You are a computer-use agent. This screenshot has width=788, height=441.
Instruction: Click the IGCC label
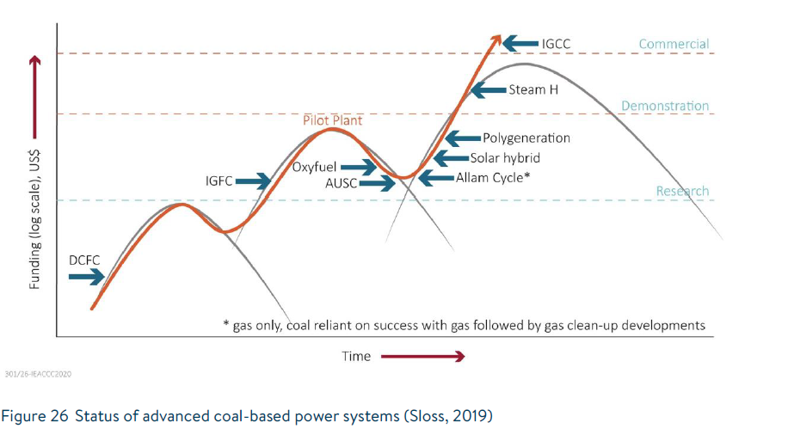coord(556,42)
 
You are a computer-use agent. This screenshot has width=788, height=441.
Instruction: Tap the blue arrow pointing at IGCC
coord(521,42)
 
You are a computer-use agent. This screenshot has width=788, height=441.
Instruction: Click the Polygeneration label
coord(526,138)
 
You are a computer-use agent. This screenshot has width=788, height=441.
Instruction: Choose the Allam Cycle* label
coord(492,177)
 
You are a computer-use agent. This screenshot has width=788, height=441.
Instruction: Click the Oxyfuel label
coord(315,167)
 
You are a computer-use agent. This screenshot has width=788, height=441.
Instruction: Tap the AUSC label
coord(342,183)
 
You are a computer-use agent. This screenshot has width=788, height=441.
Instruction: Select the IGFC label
coord(219,181)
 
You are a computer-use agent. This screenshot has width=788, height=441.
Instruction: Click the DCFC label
coord(83,260)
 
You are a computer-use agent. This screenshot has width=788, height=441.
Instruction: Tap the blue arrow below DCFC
coord(85,277)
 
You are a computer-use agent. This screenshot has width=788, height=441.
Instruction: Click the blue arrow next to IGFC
coord(253,181)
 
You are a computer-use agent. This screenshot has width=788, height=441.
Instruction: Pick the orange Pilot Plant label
coord(332,120)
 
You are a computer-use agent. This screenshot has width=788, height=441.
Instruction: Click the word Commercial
coord(674,44)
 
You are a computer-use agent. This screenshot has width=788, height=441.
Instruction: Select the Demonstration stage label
coord(665,106)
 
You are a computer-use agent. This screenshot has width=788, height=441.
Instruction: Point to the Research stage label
coord(682,191)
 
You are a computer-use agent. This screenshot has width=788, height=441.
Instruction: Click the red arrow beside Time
coord(422,356)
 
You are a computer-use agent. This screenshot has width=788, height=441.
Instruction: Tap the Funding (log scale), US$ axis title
coord(35,219)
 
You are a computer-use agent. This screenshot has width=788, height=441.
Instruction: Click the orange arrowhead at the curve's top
coord(496,39)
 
